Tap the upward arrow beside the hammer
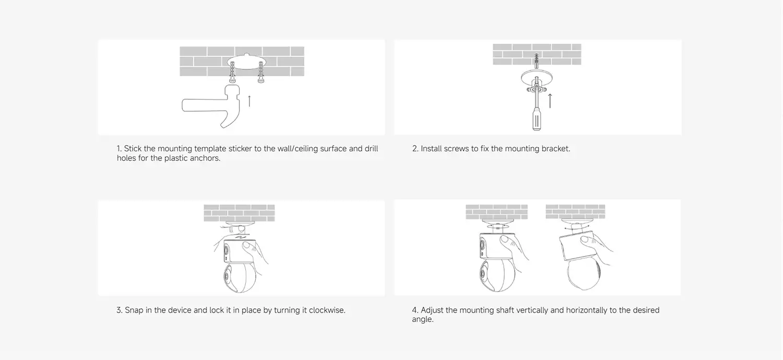[x=249, y=101]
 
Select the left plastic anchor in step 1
[x=232, y=72]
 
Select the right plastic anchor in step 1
[x=261, y=72]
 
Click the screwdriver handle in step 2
[x=537, y=119]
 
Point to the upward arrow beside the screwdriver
[x=550, y=101]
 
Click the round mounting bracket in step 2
[x=537, y=78]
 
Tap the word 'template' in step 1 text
[x=210, y=149]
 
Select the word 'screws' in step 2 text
[x=456, y=149]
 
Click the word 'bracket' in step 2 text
[x=555, y=149]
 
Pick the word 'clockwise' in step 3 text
[x=327, y=310]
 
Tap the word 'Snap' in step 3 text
[x=134, y=310]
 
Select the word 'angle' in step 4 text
[x=422, y=319]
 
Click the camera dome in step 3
[x=240, y=278]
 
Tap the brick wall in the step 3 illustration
[x=239, y=213]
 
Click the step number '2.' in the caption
[x=416, y=149]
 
